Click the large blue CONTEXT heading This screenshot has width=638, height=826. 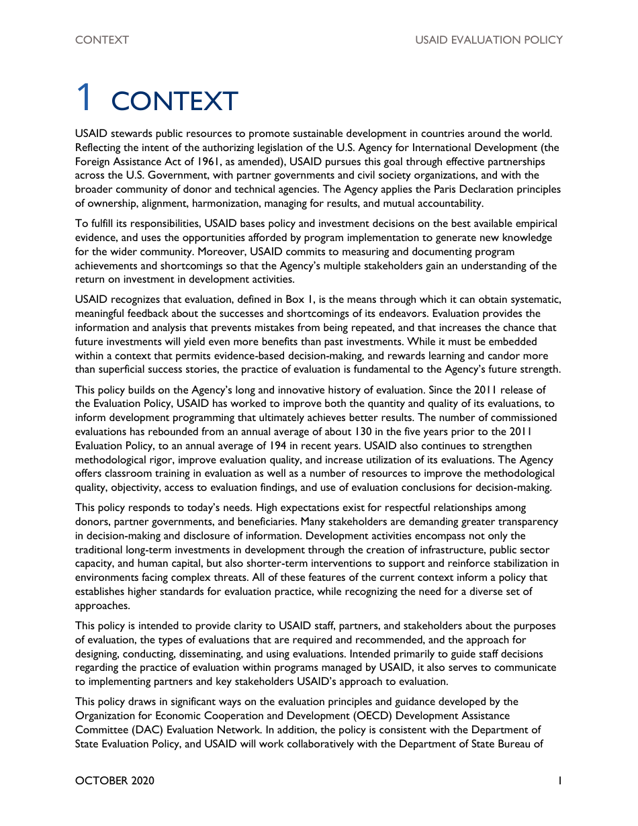(175, 101)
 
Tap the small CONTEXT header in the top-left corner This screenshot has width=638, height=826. (102, 40)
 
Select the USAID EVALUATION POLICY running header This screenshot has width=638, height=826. (488, 40)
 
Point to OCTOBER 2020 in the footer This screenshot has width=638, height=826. (115, 780)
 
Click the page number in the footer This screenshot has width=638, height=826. (559, 780)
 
